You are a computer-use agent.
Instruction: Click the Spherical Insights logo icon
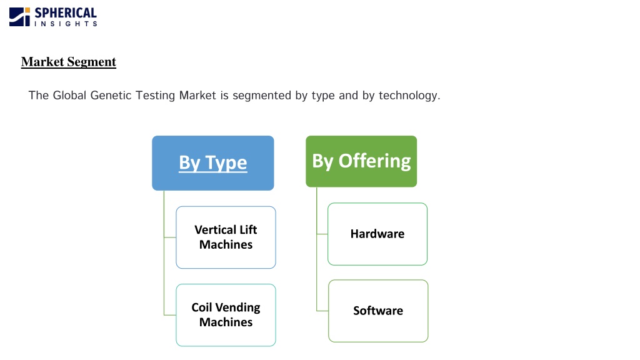tap(19, 17)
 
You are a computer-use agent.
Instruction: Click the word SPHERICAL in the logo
tap(66, 13)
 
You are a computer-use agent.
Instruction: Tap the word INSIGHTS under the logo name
tap(66, 24)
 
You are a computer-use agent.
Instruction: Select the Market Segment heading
tap(69, 62)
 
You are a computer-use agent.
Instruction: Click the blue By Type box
tap(213, 163)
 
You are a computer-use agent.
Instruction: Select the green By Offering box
tap(361, 161)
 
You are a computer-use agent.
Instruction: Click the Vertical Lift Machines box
tap(226, 237)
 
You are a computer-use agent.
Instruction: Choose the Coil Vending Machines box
tap(226, 315)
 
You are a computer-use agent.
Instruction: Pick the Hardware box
tap(377, 234)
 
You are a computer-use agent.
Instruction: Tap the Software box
tap(378, 311)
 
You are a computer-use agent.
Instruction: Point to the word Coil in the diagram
tap(202, 307)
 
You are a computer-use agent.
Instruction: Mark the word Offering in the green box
tap(375, 161)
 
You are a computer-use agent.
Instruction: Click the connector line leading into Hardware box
tap(322, 234)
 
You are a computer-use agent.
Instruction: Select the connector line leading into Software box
tap(322, 311)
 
